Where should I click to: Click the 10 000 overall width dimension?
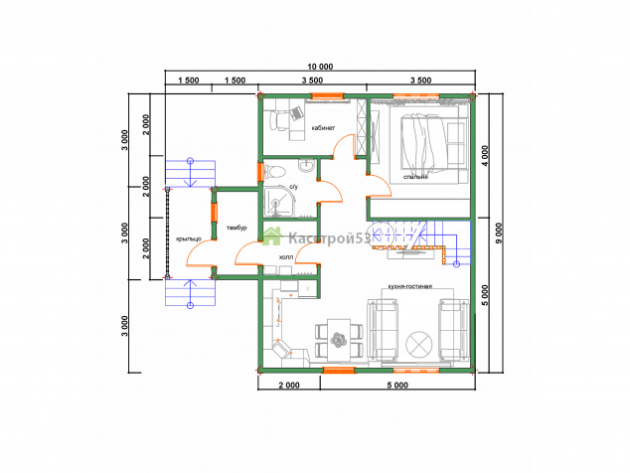[x=320, y=67]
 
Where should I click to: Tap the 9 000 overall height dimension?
[x=499, y=234]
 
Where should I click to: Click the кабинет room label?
[x=323, y=128]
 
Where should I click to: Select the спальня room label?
[x=415, y=177]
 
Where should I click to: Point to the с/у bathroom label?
[x=294, y=187]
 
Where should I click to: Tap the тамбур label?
[x=236, y=228]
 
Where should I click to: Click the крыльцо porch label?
[x=189, y=238]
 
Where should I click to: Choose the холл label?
[x=286, y=257]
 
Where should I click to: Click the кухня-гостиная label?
[x=409, y=286]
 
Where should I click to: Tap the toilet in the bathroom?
[x=275, y=172]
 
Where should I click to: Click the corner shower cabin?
[x=279, y=201]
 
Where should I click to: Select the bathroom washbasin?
[x=307, y=165]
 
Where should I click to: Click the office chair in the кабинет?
[x=278, y=120]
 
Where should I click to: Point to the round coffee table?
[x=419, y=345]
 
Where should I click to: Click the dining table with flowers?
[x=339, y=340]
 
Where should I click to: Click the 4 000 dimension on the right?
[x=485, y=156]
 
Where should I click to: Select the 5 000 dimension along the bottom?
[x=397, y=386]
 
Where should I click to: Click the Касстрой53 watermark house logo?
[x=271, y=236]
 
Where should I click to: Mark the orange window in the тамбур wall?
[x=215, y=213]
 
